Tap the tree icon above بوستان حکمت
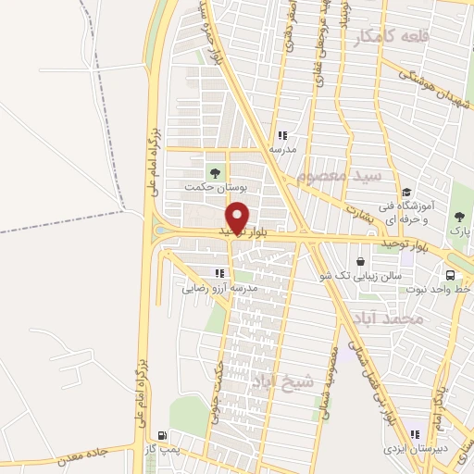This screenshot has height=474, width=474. [x=216, y=172]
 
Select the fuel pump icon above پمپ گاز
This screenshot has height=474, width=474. [x=163, y=435]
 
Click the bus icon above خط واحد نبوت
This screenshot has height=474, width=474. [x=451, y=275]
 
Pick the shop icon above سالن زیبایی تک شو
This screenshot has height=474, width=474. [x=359, y=262]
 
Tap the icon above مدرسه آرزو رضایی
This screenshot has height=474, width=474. [x=219, y=273]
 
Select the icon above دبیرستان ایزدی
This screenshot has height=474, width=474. [x=415, y=433]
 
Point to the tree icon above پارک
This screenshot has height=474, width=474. [x=459, y=217]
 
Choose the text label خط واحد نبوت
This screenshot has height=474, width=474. [x=436, y=289]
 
